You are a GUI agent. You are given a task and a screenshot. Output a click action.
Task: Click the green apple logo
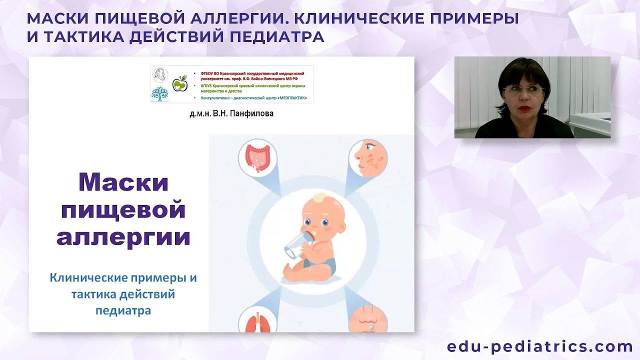[x=179, y=84]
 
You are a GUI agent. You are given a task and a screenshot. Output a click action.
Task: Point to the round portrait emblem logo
[x=160, y=75]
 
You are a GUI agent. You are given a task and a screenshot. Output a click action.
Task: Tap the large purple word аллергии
[x=123, y=236]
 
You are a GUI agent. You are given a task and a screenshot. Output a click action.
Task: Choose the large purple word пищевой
[x=123, y=209]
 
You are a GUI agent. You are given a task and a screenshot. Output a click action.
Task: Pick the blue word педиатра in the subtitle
[x=123, y=310]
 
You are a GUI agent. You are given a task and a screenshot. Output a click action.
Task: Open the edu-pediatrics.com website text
[x=540, y=346]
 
